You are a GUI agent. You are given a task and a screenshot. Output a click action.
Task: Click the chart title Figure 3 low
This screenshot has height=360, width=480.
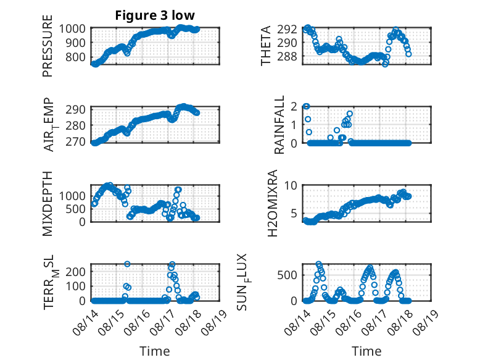[155, 15]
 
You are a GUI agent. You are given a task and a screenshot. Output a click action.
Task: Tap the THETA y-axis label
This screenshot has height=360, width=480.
[266, 46]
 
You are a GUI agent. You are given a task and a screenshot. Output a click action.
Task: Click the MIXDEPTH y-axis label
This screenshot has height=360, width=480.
[48, 204]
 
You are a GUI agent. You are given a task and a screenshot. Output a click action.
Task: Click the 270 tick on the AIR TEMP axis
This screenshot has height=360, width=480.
[79, 143]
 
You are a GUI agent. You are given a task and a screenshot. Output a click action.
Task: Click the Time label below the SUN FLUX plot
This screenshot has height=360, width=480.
[366, 351]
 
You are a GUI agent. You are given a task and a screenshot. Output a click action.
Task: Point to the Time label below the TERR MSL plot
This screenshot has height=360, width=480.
[155, 351]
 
